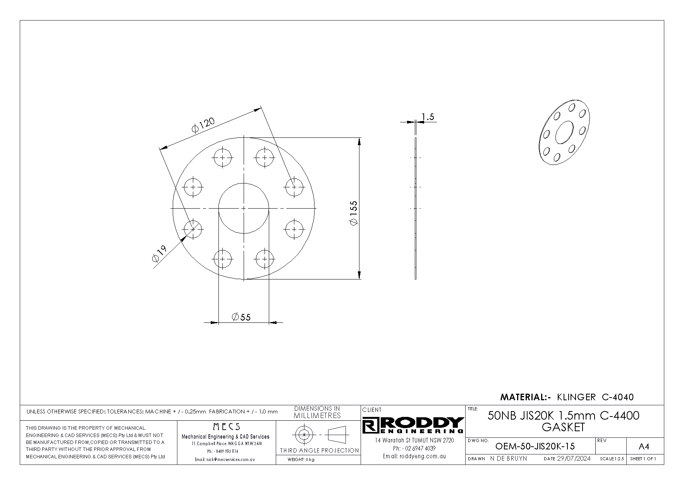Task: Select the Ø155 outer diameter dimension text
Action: [x=354, y=213]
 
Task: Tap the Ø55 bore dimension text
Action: [x=241, y=317]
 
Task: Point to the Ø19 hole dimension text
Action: [x=160, y=254]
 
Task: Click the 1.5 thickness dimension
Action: [x=428, y=117]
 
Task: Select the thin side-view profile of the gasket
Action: [x=416, y=208]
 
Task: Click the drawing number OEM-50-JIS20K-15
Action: [x=535, y=446]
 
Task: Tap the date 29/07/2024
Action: [x=574, y=459]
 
